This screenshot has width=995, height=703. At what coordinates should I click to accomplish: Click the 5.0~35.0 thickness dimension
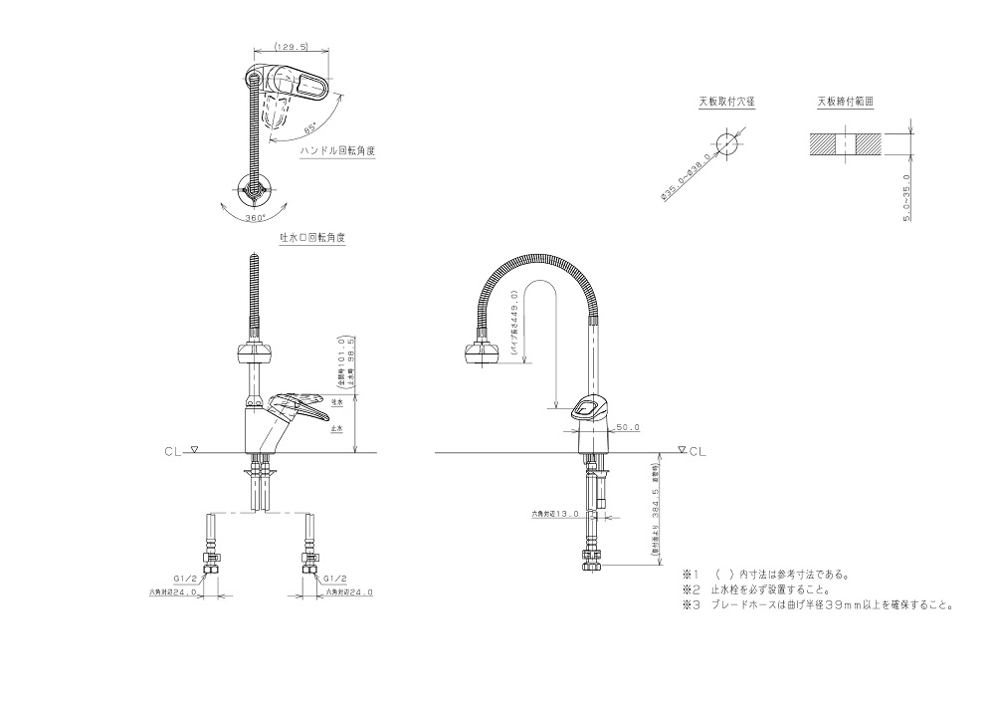(x=907, y=197)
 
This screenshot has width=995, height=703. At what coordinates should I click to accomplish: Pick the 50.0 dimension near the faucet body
(x=628, y=428)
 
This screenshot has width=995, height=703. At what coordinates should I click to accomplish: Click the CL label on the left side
(x=171, y=451)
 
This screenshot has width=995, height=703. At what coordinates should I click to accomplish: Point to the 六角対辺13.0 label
(x=553, y=514)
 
